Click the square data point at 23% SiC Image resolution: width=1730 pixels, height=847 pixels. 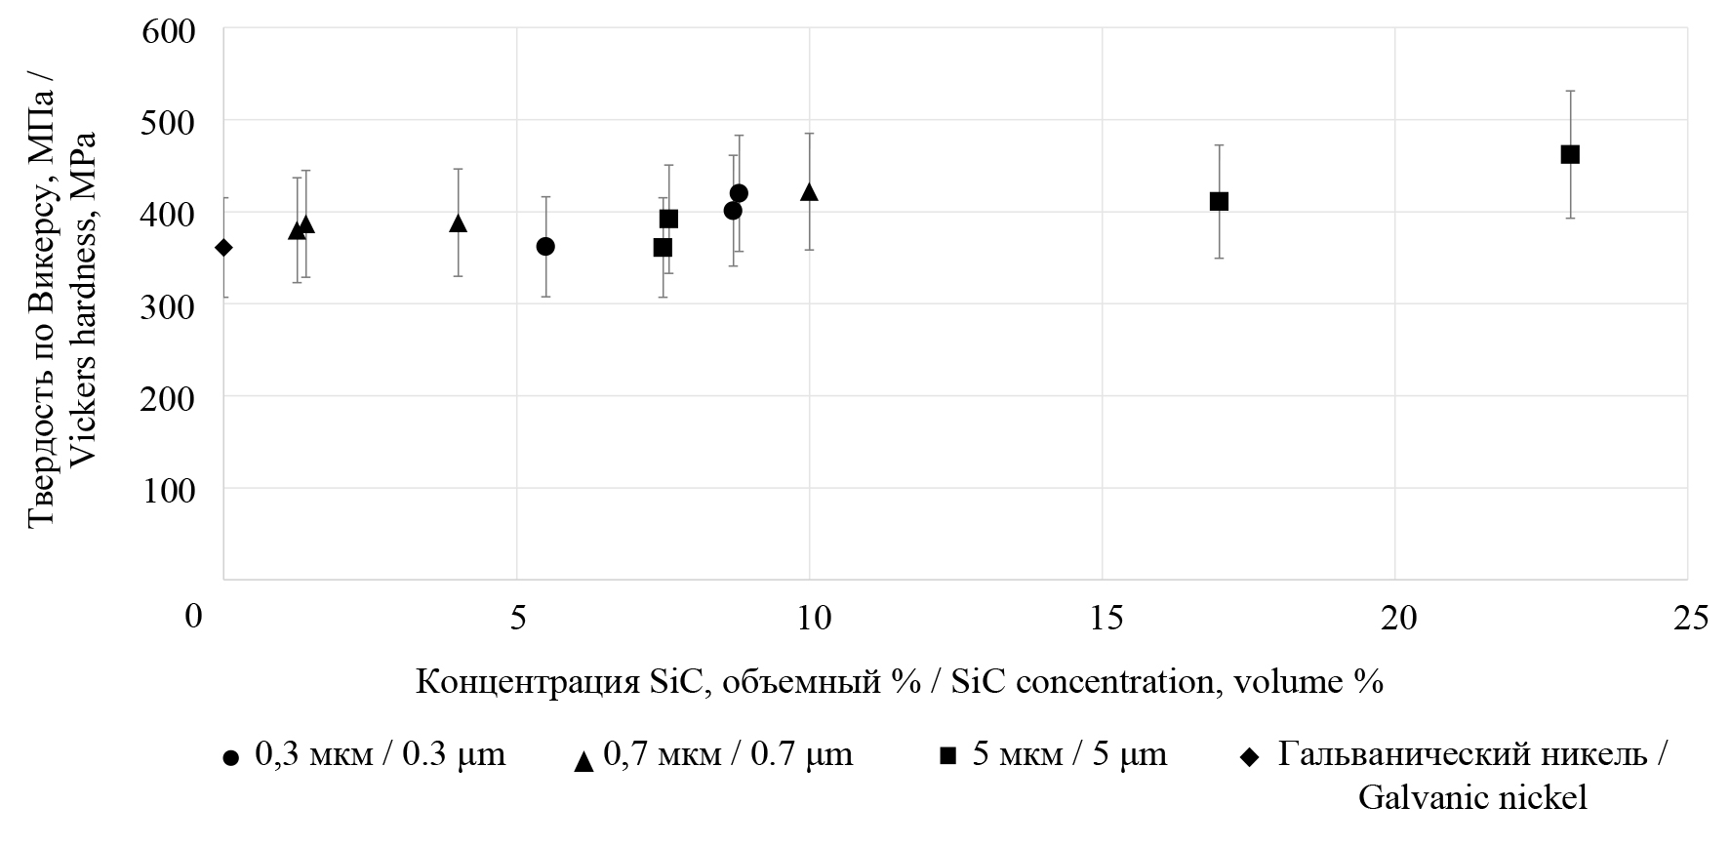[1570, 154]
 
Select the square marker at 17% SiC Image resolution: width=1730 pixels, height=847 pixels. [1219, 201]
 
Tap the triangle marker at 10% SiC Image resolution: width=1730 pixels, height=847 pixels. [809, 192]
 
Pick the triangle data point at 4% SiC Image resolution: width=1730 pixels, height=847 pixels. [458, 223]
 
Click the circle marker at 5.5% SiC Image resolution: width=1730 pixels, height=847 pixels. [545, 246]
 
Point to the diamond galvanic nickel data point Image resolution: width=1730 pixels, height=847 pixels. [223, 248]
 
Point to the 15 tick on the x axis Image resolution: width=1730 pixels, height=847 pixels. [1103, 618]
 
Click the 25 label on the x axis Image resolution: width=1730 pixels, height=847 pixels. [1687, 618]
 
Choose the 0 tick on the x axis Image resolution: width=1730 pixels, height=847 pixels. [196, 618]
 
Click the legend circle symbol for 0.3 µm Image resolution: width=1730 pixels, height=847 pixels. [230, 757]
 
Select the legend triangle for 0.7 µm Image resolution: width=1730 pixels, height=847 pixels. [583, 761]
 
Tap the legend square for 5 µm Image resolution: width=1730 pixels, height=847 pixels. [947, 755]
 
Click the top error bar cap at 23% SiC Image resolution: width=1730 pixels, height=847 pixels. [1570, 91]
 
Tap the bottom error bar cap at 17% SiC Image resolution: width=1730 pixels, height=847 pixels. [1219, 258]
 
